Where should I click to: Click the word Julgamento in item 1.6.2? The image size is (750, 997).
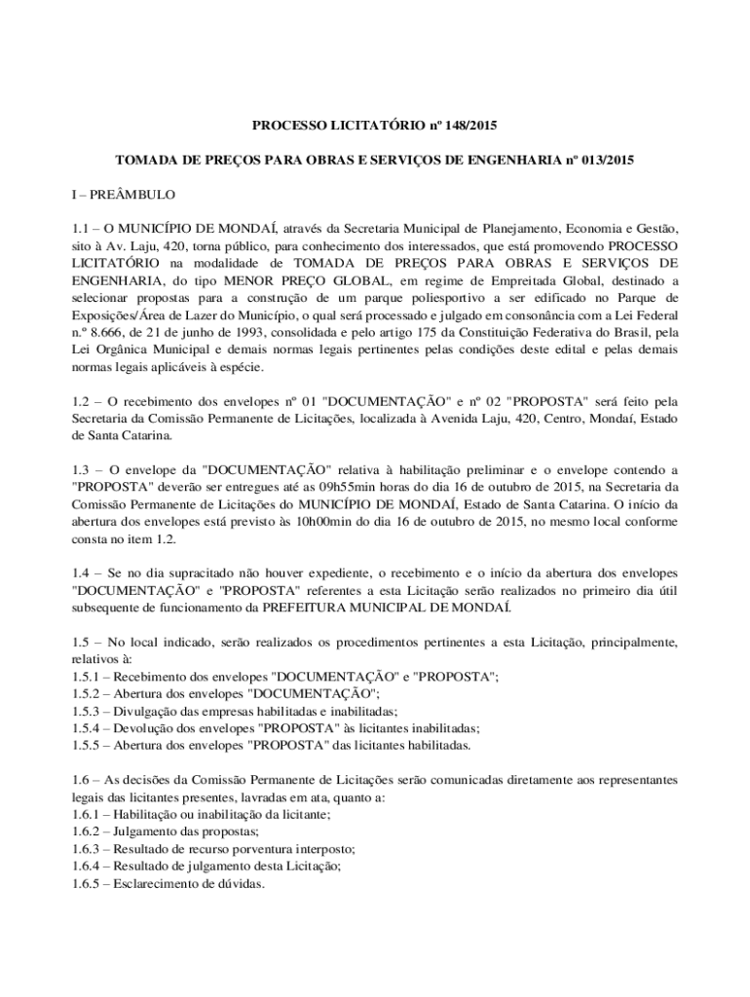[x=146, y=831]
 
